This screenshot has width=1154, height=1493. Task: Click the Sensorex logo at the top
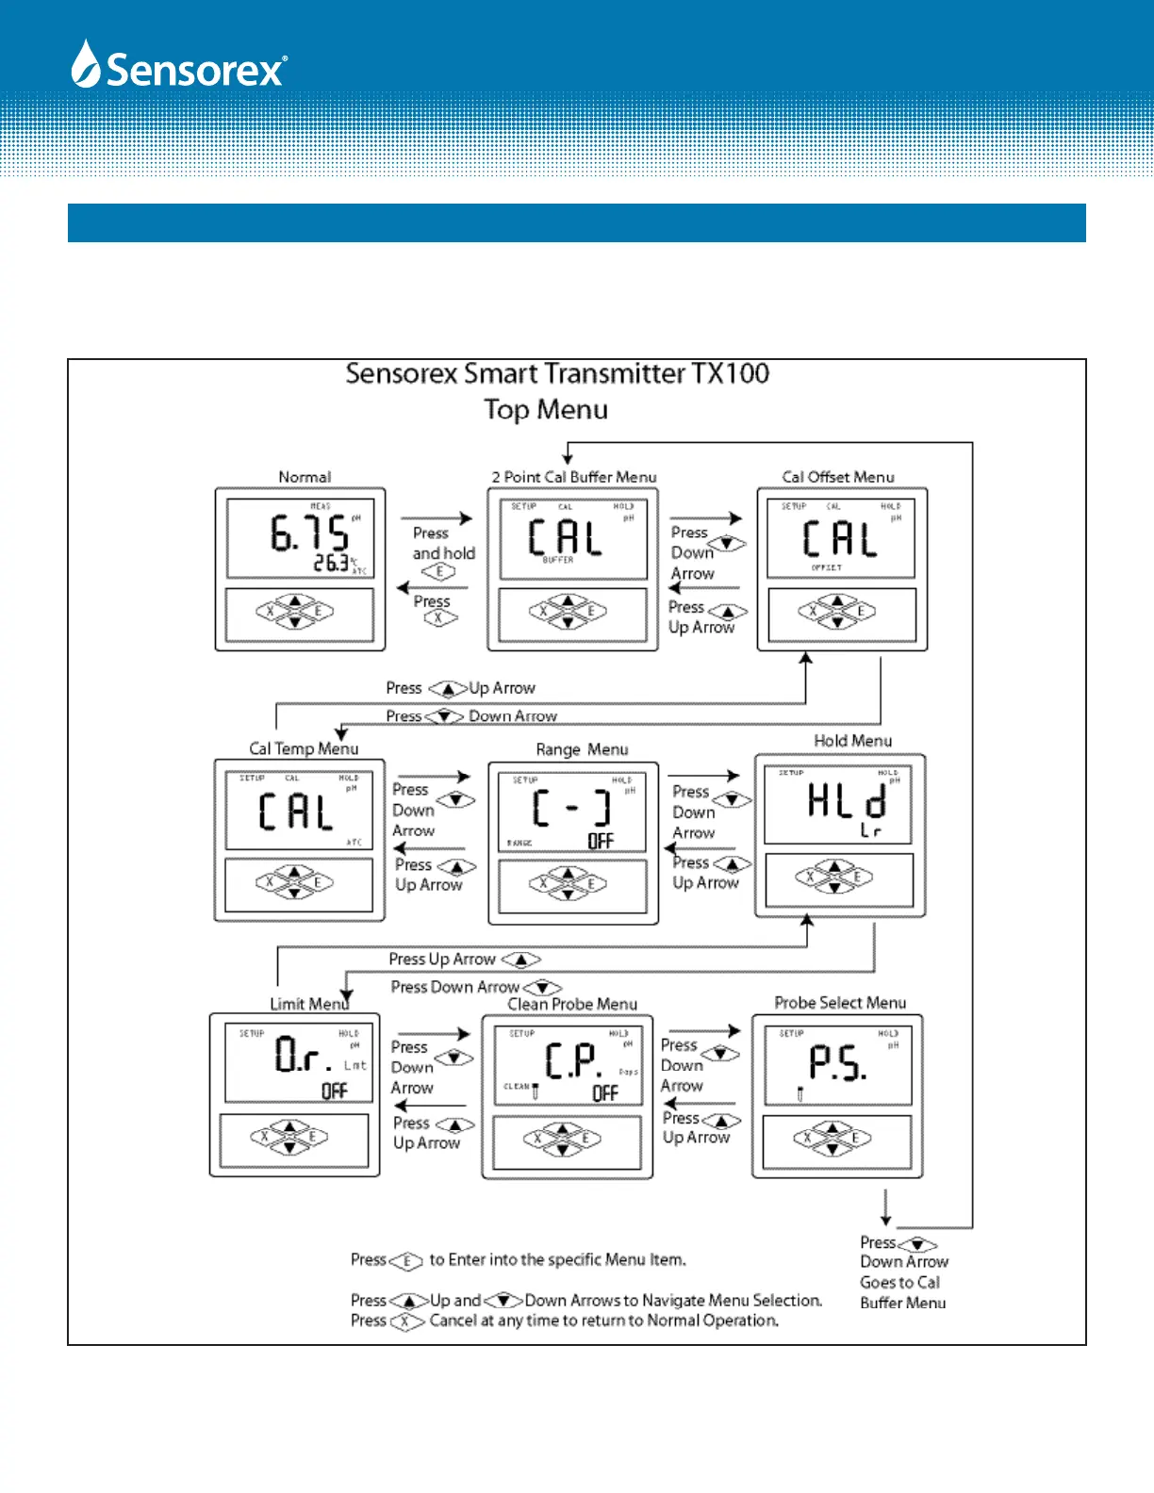pos(179,66)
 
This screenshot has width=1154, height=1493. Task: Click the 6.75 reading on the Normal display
pos(309,533)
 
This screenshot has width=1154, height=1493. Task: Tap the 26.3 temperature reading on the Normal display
pos(331,563)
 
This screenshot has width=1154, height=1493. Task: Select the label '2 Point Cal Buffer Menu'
pos(573,477)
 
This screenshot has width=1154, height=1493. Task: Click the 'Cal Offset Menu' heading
pos(838,477)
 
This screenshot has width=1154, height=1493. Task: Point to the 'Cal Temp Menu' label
pos(304,748)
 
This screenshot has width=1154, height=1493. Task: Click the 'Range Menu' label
pos(582,749)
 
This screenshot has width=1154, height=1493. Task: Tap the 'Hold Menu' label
pos(852,741)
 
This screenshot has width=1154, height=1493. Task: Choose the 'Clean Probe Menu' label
pos(572,1004)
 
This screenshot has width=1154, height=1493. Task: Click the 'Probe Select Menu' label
pos(840,1003)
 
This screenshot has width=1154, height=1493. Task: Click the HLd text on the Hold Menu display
pos(847,802)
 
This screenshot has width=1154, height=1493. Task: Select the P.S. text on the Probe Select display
pos(837,1062)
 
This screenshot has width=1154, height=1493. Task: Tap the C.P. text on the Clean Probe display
pos(572,1061)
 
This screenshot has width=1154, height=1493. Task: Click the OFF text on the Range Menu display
pos(601,841)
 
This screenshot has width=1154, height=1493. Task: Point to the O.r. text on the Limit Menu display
pos(303,1055)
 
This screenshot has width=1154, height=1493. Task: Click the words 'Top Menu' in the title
pos(546,410)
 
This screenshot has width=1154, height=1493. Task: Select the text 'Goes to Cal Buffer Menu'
pos(902,1292)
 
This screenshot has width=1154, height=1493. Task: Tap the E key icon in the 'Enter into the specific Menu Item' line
pos(406,1260)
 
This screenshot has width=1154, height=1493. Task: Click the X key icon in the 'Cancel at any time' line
pos(406,1321)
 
